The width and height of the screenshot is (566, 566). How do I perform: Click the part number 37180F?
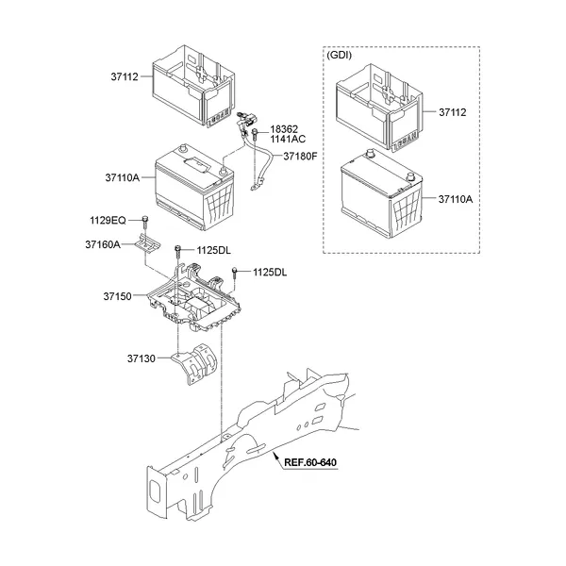(x=300, y=157)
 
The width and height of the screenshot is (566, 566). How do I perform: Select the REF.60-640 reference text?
(x=310, y=462)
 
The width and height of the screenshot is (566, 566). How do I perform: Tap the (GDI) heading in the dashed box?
(x=339, y=56)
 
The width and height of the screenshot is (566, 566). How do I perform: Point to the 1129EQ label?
(x=108, y=220)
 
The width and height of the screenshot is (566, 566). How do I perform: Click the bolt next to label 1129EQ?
(x=145, y=222)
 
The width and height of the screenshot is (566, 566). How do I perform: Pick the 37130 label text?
(x=141, y=358)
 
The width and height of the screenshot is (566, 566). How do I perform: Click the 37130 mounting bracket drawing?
(x=195, y=364)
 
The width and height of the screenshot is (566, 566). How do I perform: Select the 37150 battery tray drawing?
(x=194, y=298)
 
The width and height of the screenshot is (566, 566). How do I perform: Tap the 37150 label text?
(x=117, y=296)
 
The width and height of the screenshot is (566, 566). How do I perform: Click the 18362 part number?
(x=284, y=129)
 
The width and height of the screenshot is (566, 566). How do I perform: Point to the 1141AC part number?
(x=288, y=139)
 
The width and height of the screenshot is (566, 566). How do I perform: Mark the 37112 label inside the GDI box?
(x=452, y=112)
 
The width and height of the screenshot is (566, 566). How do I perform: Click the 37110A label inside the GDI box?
(x=456, y=199)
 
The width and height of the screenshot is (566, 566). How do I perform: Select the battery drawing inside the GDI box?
(x=381, y=193)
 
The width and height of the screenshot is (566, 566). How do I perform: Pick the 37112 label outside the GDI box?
(x=125, y=77)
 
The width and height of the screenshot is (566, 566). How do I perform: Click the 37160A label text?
(x=103, y=244)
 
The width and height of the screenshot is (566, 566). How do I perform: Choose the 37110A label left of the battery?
(x=123, y=177)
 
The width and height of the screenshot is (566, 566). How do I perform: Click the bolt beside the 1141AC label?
(x=255, y=134)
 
